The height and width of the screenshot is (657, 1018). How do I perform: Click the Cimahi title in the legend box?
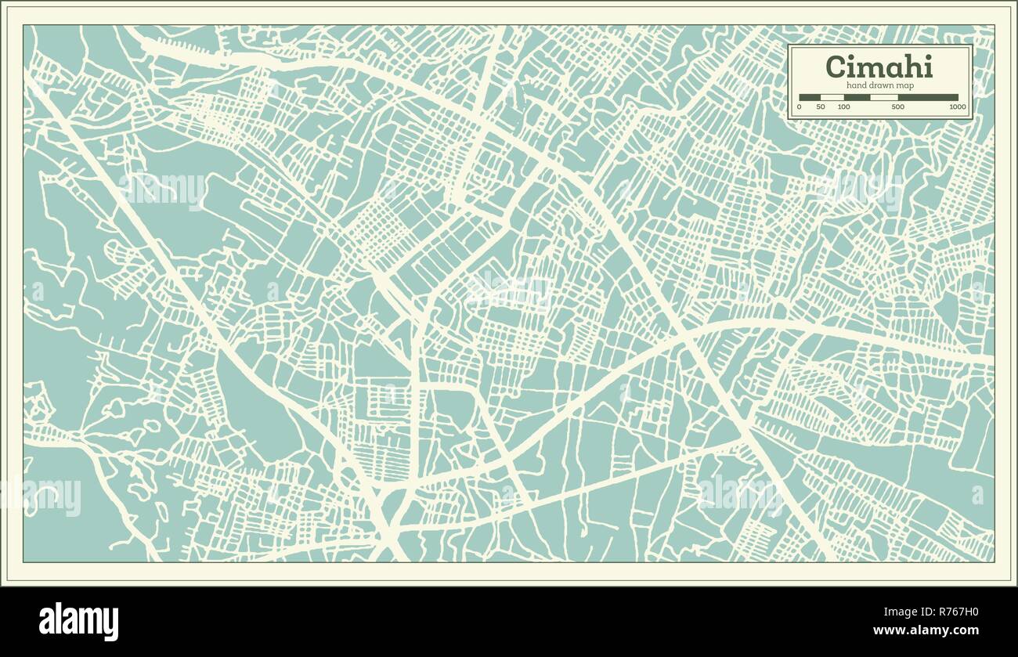[x=879, y=67]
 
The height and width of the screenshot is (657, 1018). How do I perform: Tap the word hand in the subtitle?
[x=854, y=85]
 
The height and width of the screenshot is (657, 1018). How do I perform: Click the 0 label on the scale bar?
[x=799, y=106]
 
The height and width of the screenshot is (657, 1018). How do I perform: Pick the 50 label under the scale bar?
[x=821, y=106]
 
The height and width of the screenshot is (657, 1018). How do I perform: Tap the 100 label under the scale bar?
[x=843, y=106]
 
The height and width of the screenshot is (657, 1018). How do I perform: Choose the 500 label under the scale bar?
[x=897, y=106]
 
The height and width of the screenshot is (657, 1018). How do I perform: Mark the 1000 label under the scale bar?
[x=956, y=106]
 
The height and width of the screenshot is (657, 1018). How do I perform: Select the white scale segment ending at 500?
[x=884, y=98]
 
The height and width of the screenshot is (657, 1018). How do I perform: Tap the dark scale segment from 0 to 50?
[x=810, y=98]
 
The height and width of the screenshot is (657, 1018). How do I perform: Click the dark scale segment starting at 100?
[x=857, y=98]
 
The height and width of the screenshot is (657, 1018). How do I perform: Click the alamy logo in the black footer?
[x=79, y=621]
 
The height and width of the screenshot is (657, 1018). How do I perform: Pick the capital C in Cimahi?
[x=836, y=67]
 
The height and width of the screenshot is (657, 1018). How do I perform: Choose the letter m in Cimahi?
[x=872, y=68]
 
